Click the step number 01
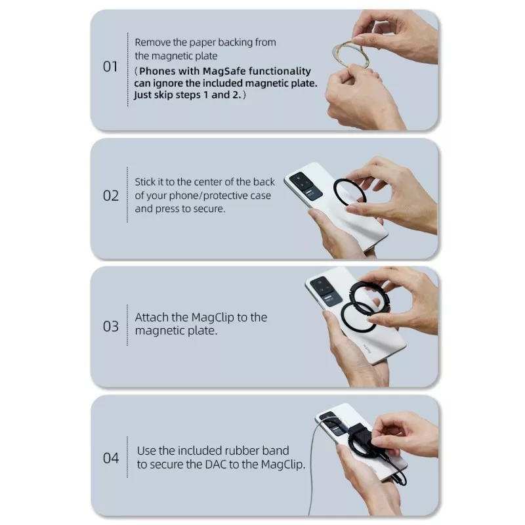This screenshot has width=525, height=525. pos(110,67)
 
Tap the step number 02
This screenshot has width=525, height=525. pos(111,196)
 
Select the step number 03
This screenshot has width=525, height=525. pos(111,326)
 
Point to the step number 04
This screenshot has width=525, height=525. pos(111,458)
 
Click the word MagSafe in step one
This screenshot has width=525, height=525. pos(224,72)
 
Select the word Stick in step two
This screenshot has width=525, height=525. pos(144,182)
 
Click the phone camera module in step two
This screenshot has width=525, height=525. pos(305,186)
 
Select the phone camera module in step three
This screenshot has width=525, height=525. pos(326,291)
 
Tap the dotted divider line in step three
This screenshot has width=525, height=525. pos(127,325)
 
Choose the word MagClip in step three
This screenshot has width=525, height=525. pos(212,318)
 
